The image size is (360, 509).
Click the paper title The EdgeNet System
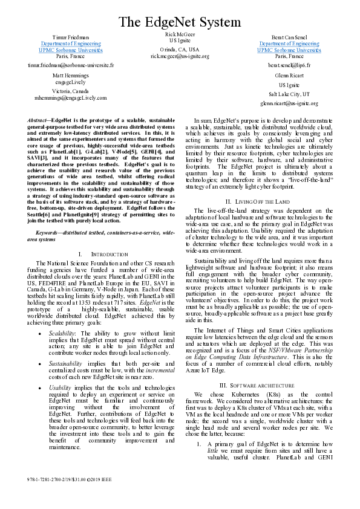point(180,23)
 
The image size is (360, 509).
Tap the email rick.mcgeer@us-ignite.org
point(180,56)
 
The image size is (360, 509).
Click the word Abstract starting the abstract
point(38,121)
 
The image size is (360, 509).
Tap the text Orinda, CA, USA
point(180,49)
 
